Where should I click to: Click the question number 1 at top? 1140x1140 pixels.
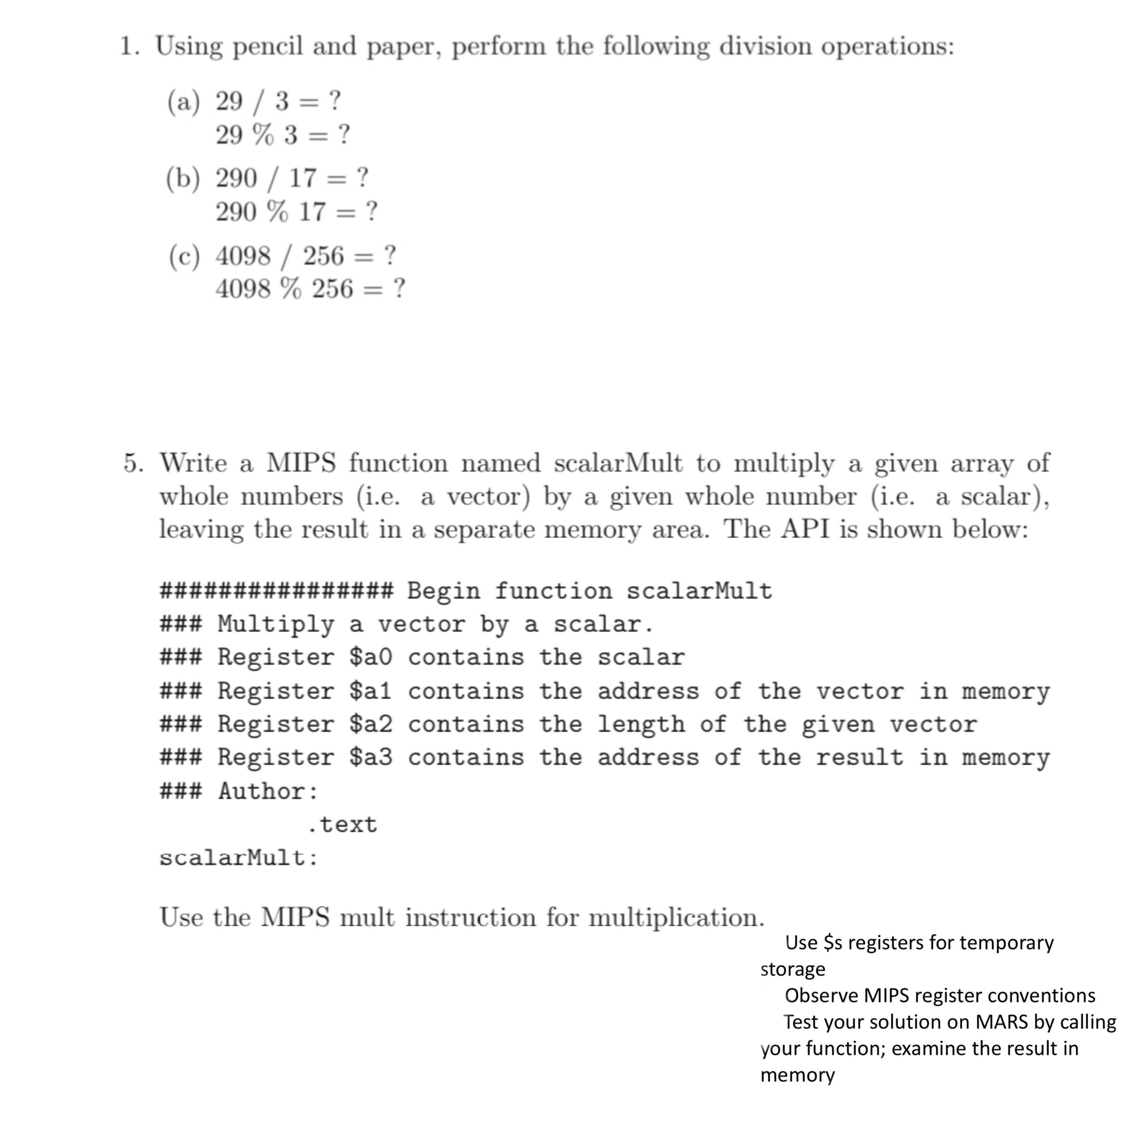pos(126,46)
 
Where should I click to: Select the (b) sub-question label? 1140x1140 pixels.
pos(183,178)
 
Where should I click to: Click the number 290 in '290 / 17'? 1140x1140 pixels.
pos(236,178)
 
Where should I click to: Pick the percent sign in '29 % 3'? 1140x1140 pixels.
pos(263,135)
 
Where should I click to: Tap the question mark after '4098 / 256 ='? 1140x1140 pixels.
pos(390,256)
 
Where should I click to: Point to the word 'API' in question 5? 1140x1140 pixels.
pos(806,529)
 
